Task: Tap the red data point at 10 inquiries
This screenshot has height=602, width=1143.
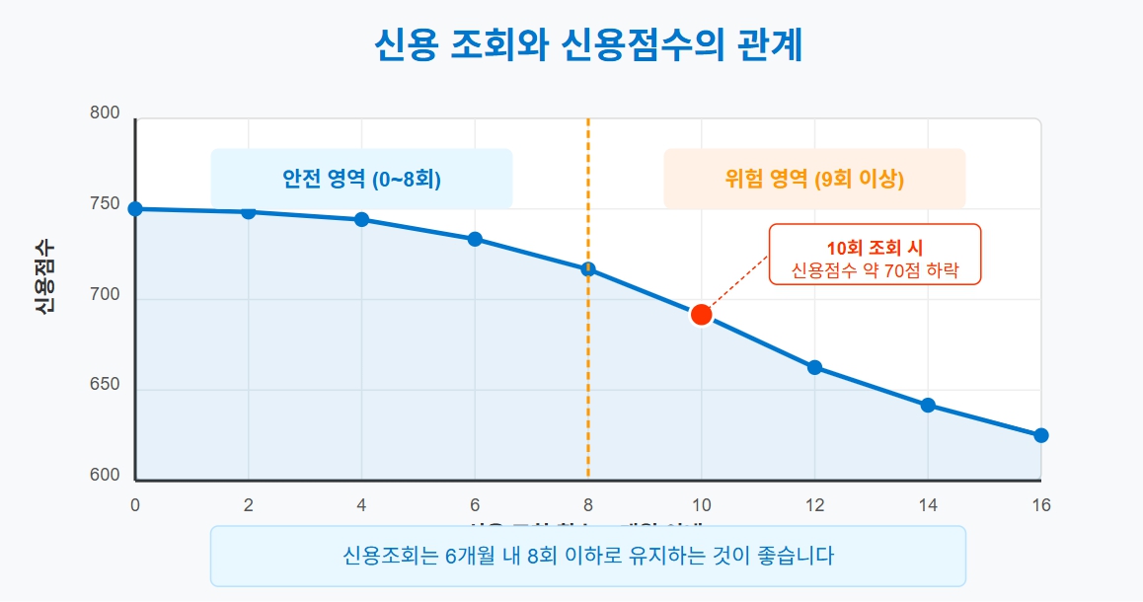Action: click(701, 315)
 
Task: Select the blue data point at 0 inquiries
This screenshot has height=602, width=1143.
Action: click(135, 209)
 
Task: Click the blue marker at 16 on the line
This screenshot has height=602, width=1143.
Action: click(1040, 435)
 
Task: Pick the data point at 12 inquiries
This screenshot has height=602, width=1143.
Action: click(814, 367)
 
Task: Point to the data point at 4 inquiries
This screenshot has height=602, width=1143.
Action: click(361, 219)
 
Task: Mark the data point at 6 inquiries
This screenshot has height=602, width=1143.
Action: click(475, 239)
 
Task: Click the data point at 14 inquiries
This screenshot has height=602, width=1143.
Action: click(928, 406)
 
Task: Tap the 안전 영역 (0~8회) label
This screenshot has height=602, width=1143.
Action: click(361, 180)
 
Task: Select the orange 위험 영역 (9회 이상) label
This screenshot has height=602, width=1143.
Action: click(814, 180)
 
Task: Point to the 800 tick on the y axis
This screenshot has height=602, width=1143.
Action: click(105, 113)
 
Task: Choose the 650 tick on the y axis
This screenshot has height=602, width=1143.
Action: click(105, 385)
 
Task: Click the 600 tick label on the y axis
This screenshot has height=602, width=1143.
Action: click(105, 476)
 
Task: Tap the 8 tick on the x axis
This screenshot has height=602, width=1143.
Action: click(588, 504)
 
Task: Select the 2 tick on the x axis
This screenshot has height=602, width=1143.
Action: click(249, 504)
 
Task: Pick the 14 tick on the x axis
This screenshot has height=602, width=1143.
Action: click(928, 504)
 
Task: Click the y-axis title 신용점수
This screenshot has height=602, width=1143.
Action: click(44, 277)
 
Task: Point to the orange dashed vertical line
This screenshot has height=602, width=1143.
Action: click(588, 375)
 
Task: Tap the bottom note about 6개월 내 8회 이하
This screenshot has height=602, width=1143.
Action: click(588, 556)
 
